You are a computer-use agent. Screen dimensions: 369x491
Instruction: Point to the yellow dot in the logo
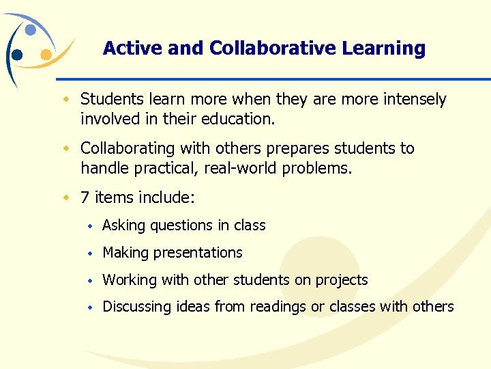[46, 55]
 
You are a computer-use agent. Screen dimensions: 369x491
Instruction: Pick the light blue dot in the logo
[31, 30]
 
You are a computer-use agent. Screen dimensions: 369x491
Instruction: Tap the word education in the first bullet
[239, 119]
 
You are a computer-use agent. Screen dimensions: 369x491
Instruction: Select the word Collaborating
[130, 148]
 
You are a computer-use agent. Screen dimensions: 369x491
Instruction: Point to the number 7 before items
[85, 198]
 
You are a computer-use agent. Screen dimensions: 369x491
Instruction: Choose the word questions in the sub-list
[181, 225]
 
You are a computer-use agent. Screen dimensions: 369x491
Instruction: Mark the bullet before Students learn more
[67, 100]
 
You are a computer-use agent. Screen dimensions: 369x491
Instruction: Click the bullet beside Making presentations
[89, 254]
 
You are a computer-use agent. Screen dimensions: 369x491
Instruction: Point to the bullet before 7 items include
[67, 198]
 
